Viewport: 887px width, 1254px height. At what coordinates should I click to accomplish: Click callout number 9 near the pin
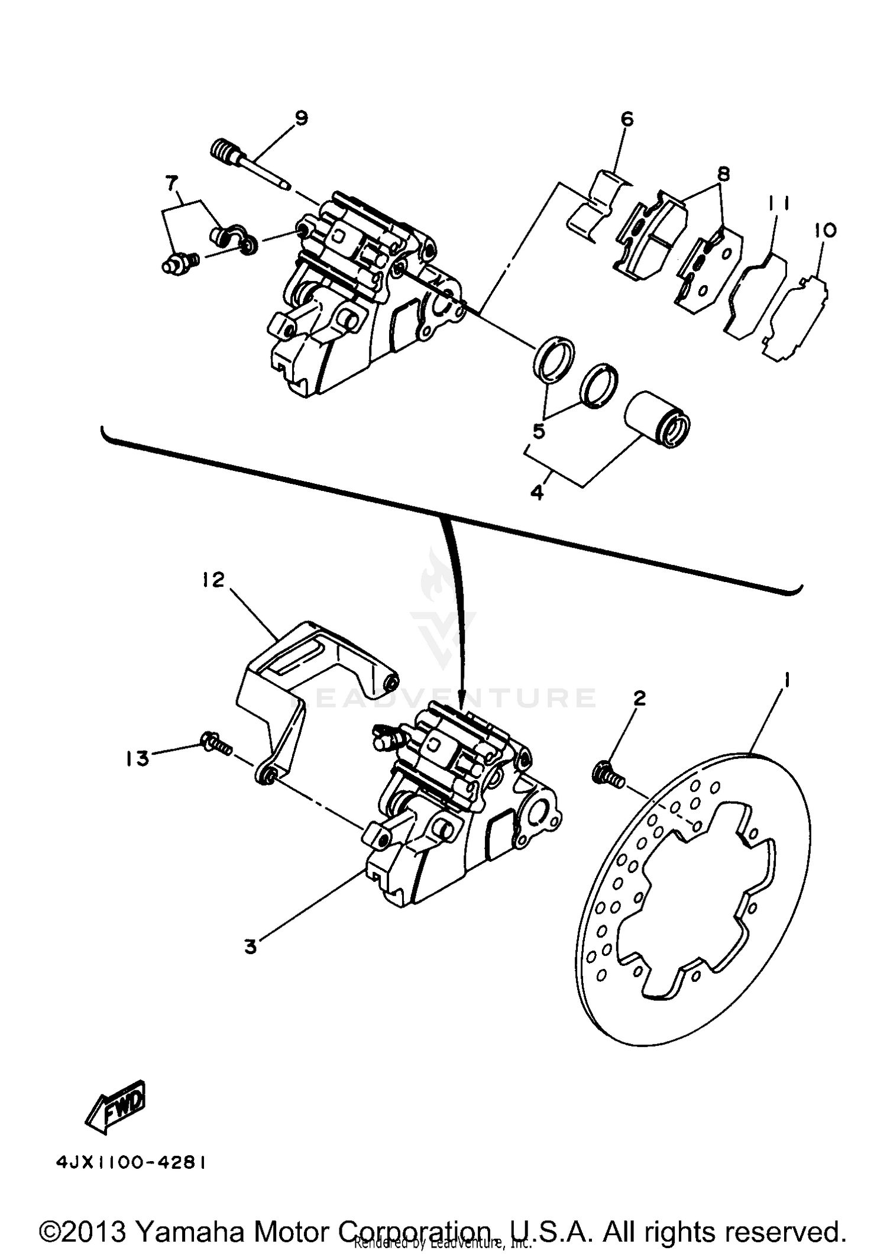click(x=301, y=118)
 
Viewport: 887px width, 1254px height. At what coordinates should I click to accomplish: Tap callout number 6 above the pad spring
click(x=627, y=119)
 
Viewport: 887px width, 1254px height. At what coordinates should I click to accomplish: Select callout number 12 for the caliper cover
click(x=213, y=580)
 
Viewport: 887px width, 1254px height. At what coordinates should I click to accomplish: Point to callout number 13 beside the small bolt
click(x=137, y=758)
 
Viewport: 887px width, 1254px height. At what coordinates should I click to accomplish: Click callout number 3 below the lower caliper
click(x=251, y=947)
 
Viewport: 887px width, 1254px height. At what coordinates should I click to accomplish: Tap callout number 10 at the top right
click(x=826, y=230)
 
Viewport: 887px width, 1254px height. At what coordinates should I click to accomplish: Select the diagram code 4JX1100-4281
click(x=131, y=1163)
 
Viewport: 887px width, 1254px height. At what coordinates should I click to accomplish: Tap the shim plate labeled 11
click(x=756, y=296)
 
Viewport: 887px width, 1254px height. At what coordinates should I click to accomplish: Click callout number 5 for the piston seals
click(x=538, y=431)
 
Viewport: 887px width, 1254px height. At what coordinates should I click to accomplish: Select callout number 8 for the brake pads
click(x=722, y=174)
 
